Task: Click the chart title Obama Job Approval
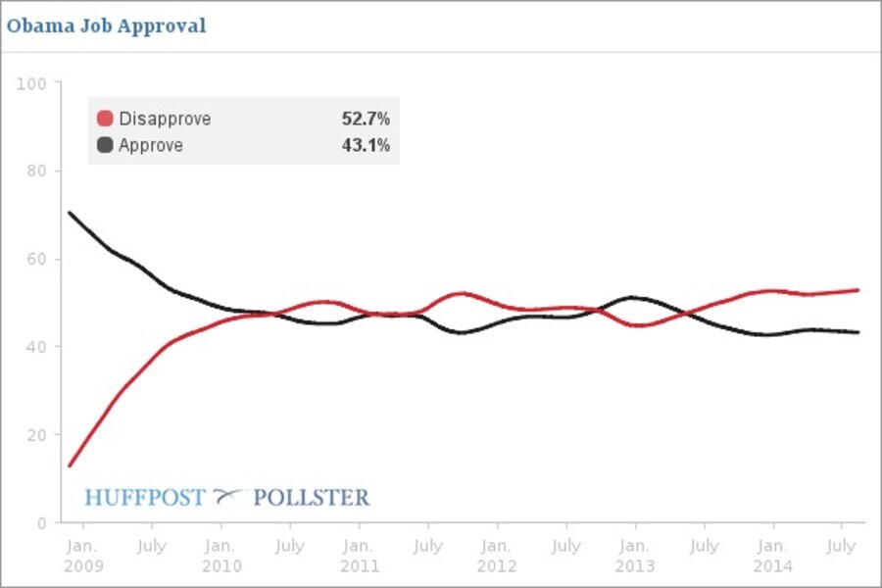pyautogui.click(x=106, y=26)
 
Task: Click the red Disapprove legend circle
pyautogui.click(x=105, y=120)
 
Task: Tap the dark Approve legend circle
pyautogui.click(x=105, y=146)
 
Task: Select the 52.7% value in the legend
pyautogui.click(x=366, y=120)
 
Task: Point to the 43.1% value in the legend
pyautogui.click(x=366, y=146)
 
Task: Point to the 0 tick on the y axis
pyautogui.click(x=41, y=522)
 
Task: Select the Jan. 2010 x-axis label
pyautogui.click(x=220, y=556)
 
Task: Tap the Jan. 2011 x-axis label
pyautogui.click(x=359, y=556)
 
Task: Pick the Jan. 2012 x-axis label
pyautogui.click(x=497, y=556)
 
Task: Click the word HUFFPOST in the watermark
pyautogui.click(x=145, y=498)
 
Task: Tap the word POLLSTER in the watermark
pyautogui.click(x=312, y=498)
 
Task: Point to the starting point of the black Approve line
pyautogui.click(x=69, y=213)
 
